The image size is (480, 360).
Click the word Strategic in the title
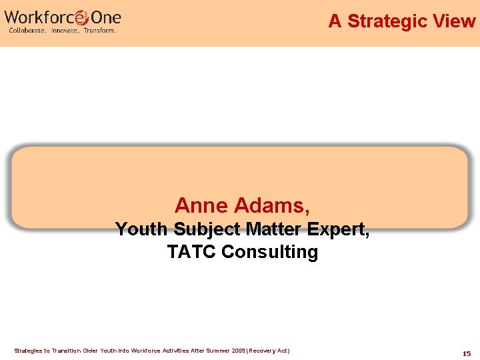pos(386,21)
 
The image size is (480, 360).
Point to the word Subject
pos(206,230)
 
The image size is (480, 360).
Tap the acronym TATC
pos(191,252)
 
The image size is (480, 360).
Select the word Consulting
pos(269,252)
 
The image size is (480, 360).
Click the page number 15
pos(467,353)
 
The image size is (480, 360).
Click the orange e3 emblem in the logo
pos(81,17)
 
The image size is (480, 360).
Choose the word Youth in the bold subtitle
pos(142,230)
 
